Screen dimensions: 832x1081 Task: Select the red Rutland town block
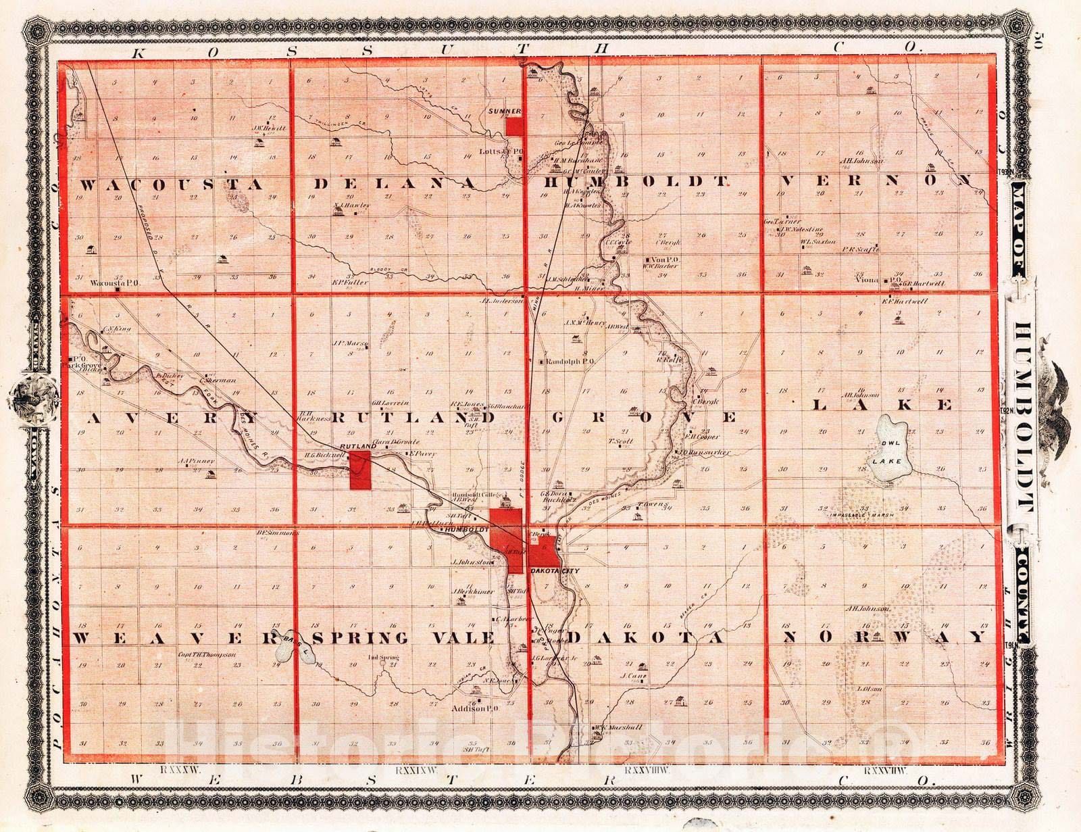click(x=360, y=471)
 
